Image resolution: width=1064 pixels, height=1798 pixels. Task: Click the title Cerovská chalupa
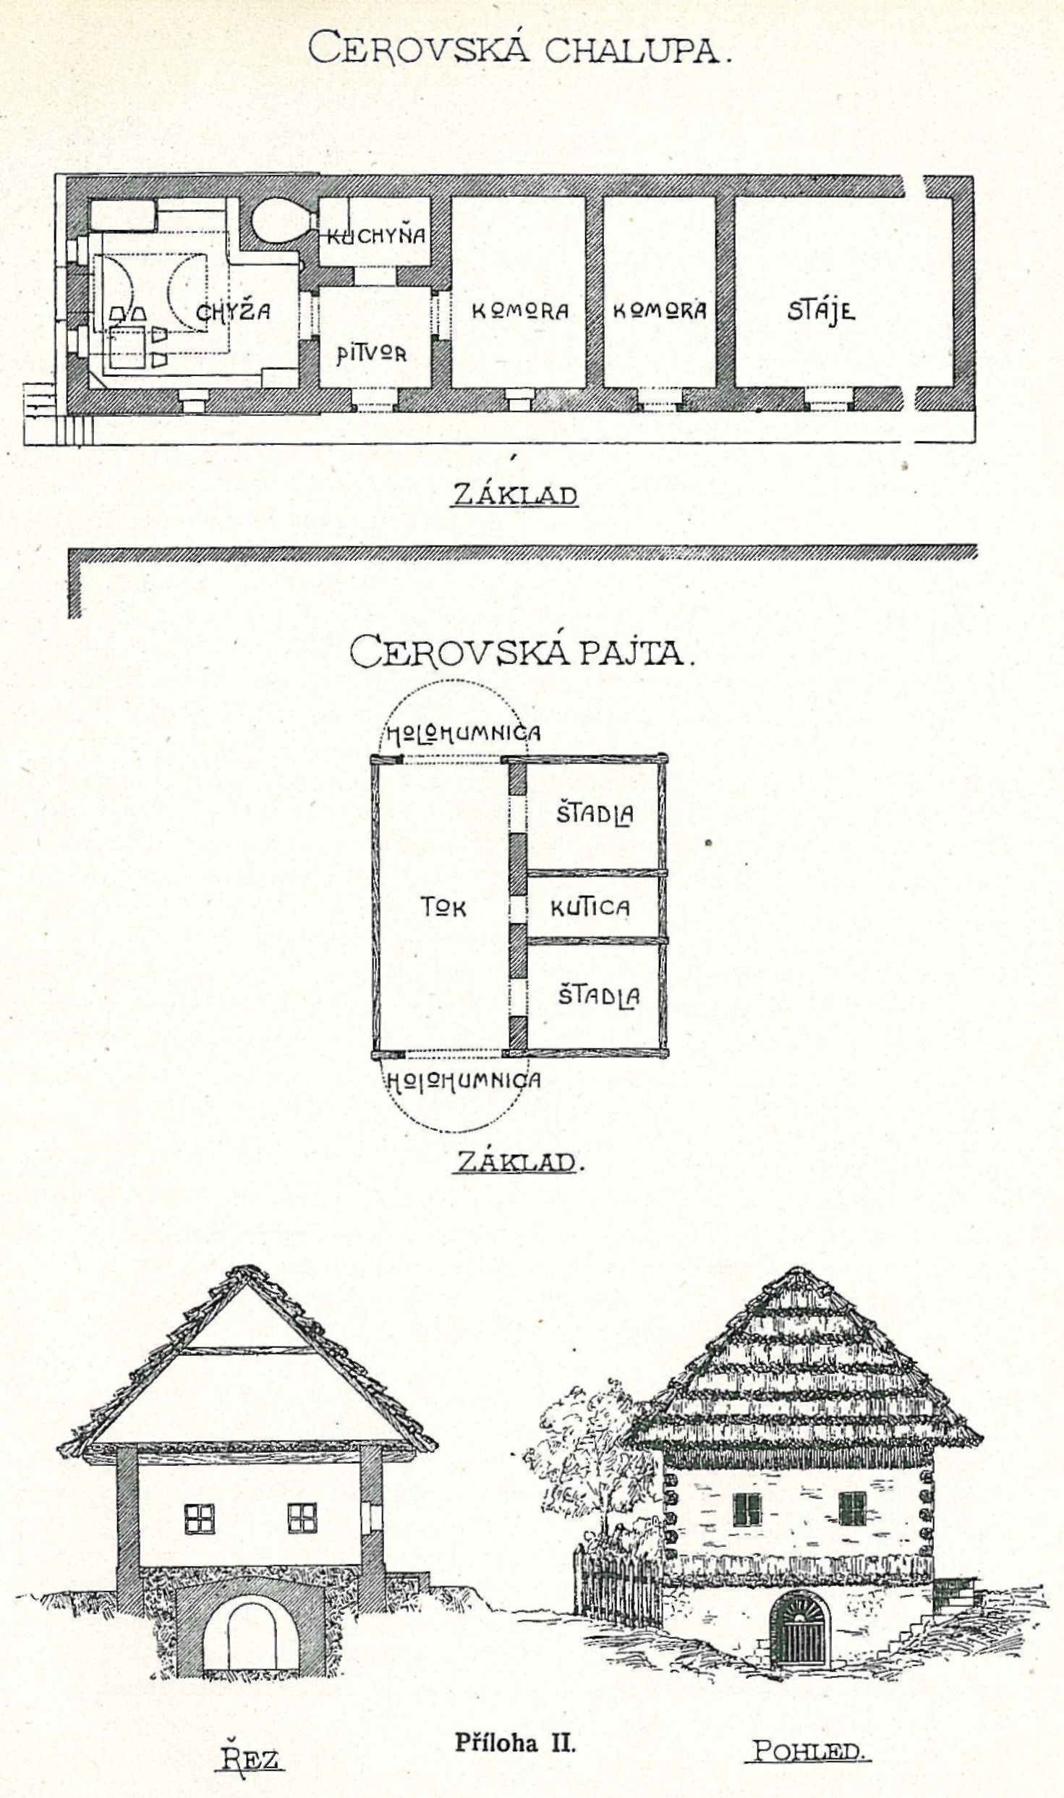[x=519, y=48]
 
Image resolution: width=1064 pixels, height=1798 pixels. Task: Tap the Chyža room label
[x=233, y=312]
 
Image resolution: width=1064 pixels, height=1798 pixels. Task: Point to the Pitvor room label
[x=371, y=354]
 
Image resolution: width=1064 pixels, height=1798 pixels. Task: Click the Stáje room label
[x=821, y=310]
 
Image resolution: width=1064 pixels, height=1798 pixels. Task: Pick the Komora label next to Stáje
[x=659, y=310]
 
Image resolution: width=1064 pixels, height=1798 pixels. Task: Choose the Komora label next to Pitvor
[x=520, y=311]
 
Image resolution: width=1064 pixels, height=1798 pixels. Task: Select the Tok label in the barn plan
[x=443, y=907]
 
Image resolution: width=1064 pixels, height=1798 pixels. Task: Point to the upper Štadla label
[x=595, y=814]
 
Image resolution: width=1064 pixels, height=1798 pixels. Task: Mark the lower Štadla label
[x=598, y=996]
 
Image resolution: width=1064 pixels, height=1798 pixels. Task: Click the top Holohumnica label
[x=463, y=734]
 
